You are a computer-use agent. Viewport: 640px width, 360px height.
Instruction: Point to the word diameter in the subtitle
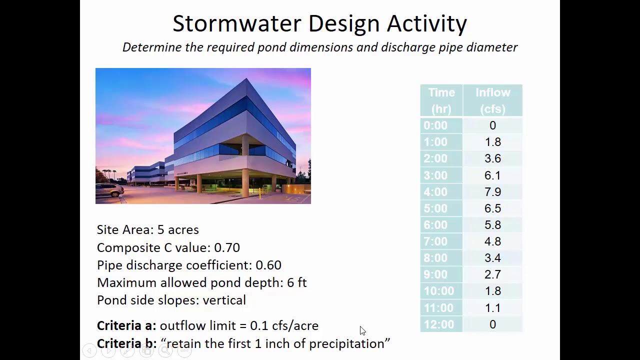click(x=492, y=47)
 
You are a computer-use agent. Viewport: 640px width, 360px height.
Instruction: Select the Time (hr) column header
click(x=441, y=100)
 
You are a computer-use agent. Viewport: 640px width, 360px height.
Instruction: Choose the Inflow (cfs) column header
click(x=492, y=100)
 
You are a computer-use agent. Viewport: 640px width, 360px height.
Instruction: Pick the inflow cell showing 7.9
click(x=492, y=192)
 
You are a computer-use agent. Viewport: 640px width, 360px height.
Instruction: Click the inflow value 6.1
click(x=492, y=175)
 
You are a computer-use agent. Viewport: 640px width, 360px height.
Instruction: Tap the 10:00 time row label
click(x=439, y=291)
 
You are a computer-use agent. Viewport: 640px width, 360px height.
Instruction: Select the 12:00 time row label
click(x=439, y=324)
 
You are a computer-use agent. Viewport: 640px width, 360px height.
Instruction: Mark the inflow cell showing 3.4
click(x=492, y=258)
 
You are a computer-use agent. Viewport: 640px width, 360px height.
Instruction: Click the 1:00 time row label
click(x=435, y=142)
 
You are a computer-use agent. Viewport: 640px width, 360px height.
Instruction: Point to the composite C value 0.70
click(x=227, y=247)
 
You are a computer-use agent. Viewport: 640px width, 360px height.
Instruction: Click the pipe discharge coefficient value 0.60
click(x=268, y=265)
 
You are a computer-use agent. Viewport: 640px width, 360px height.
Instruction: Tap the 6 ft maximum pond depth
click(x=296, y=282)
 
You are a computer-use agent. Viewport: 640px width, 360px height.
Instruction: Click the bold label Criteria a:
click(x=126, y=325)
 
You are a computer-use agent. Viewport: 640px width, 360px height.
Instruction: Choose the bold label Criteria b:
click(x=126, y=343)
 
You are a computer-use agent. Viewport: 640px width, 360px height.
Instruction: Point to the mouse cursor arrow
click(x=362, y=330)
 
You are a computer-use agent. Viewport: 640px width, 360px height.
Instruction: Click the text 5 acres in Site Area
click(x=178, y=229)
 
